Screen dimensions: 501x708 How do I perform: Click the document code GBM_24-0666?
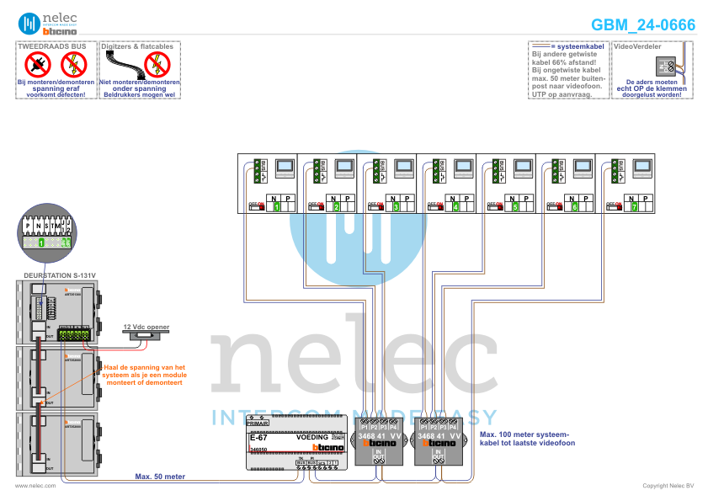click(643, 25)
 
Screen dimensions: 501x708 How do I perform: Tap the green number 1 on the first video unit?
click(276, 206)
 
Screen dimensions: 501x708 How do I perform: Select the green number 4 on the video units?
click(455, 206)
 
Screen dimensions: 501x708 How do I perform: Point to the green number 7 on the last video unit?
click(635, 206)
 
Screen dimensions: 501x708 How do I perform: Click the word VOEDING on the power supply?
click(311, 438)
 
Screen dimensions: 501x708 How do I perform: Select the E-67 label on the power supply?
click(258, 438)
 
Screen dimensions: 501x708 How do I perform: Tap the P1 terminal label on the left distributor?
click(364, 429)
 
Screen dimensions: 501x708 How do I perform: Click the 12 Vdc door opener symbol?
click(146, 335)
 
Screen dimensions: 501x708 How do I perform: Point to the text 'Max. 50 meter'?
click(160, 477)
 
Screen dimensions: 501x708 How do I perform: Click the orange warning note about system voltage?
click(143, 375)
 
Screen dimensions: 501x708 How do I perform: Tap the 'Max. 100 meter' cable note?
click(526, 439)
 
